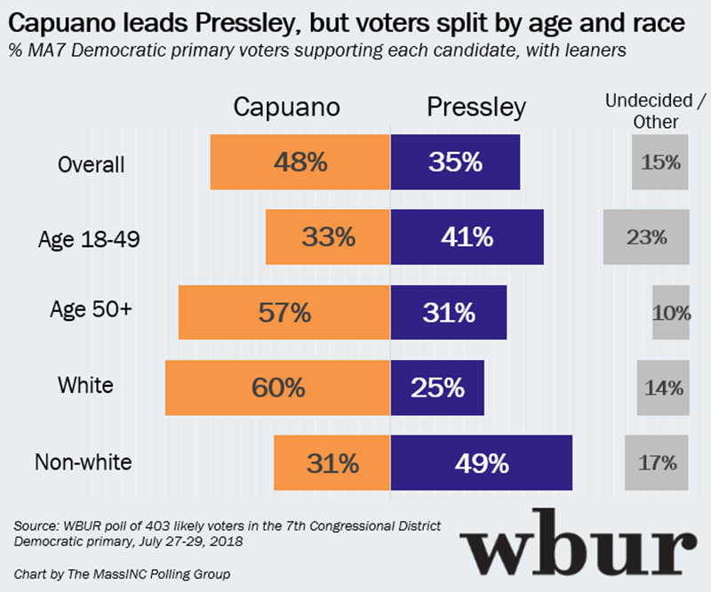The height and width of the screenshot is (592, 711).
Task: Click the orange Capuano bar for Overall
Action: pyautogui.click(x=300, y=163)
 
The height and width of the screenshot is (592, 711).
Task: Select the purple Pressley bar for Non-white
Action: pyautogui.click(x=482, y=463)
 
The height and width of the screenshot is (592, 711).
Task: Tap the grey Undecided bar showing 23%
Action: pyautogui.click(x=646, y=237)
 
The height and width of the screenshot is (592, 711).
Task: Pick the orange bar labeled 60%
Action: pyautogui.click(x=278, y=388)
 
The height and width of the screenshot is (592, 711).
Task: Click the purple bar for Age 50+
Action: pyautogui.click(x=449, y=313)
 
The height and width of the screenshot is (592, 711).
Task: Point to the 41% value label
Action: pyautogui.click(x=455, y=237)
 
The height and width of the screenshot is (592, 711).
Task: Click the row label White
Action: pyautogui.click(x=85, y=385)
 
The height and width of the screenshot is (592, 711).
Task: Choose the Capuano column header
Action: pyautogui.click(x=286, y=108)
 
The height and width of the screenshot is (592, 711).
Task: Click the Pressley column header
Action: pyautogui.click(x=476, y=108)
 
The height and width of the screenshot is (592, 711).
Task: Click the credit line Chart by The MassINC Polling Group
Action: pyautogui.click(x=122, y=574)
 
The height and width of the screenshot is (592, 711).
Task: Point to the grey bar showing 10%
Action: pyautogui.click(x=671, y=313)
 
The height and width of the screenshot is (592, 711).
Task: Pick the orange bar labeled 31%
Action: pyautogui.click(x=332, y=463)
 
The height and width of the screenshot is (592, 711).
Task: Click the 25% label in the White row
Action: pyautogui.click(x=437, y=388)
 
